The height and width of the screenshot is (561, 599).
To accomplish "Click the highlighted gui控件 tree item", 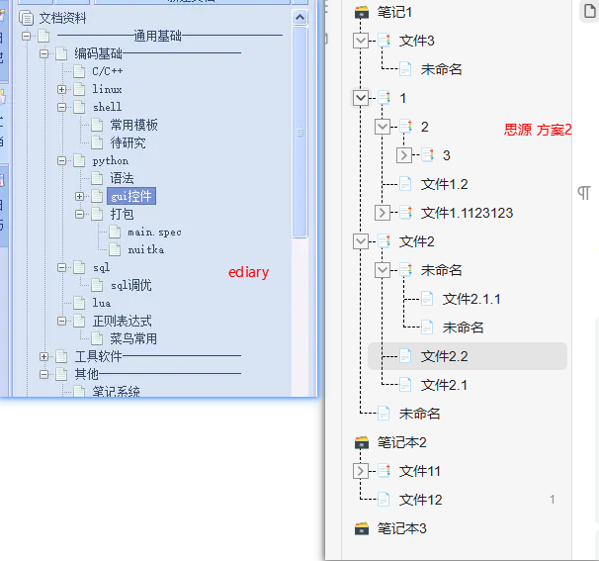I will (130, 196).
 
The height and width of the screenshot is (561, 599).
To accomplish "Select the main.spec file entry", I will (154, 232).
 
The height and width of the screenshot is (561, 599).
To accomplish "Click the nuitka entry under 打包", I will (145, 249).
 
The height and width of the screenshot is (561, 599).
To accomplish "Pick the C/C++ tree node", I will (107, 71).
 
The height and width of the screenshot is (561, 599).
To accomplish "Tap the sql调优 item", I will (130, 285).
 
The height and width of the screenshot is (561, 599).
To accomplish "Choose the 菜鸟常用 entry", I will (132, 338).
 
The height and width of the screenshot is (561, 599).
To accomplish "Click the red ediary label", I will (248, 272).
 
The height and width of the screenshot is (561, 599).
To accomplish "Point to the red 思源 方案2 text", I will (538, 130).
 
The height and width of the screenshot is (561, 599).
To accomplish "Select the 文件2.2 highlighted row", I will (444, 356).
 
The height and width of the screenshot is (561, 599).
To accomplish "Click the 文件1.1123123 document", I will (467, 212).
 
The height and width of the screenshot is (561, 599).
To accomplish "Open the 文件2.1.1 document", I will (471, 299).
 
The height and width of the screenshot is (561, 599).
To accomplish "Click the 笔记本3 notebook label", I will (401, 528).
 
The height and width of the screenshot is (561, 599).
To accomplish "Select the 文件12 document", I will (420, 500).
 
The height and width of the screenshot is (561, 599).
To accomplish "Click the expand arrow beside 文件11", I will (361, 471).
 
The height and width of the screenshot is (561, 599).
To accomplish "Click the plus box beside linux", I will (62, 89).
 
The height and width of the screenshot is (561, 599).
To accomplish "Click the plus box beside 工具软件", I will (44, 356).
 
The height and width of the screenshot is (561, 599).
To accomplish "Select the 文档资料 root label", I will (62, 18).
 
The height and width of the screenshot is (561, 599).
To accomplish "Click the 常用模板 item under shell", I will (133, 125).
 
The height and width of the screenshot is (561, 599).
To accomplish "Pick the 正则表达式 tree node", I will (122, 321).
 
